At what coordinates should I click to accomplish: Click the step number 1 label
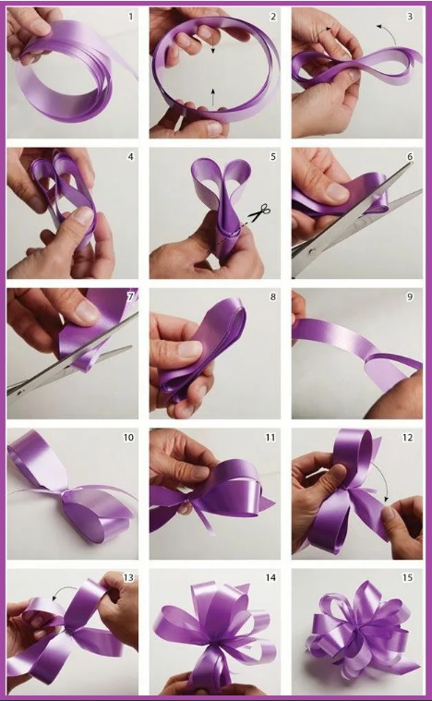click(130, 17)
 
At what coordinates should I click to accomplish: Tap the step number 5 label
click(273, 157)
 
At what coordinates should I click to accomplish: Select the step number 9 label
click(410, 296)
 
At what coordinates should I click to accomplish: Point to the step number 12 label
click(407, 437)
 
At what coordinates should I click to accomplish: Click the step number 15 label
click(407, 577)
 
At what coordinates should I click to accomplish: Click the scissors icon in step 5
click(259, 212)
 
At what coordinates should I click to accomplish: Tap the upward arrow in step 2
click(213, 97)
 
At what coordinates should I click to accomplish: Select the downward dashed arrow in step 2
click(212, 44)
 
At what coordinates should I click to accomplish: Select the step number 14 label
click(270, 577)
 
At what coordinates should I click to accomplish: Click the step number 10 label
click(128, 437)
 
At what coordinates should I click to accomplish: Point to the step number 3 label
click(410, 17)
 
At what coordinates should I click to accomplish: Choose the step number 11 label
click(270, 437)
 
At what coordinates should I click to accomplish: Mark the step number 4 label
click(130, 157)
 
